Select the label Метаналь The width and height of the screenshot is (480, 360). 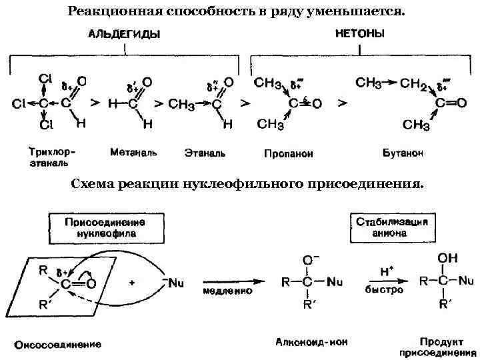(x=133, y=152)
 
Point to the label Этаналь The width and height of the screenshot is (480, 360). (x=205, y=153)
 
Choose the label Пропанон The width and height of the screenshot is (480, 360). (x=288, y=153)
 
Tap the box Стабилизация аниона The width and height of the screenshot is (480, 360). (x=391, y=227)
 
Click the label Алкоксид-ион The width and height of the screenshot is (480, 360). (x=311, y=341)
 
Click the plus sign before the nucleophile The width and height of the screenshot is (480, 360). (x=132, y=282)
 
